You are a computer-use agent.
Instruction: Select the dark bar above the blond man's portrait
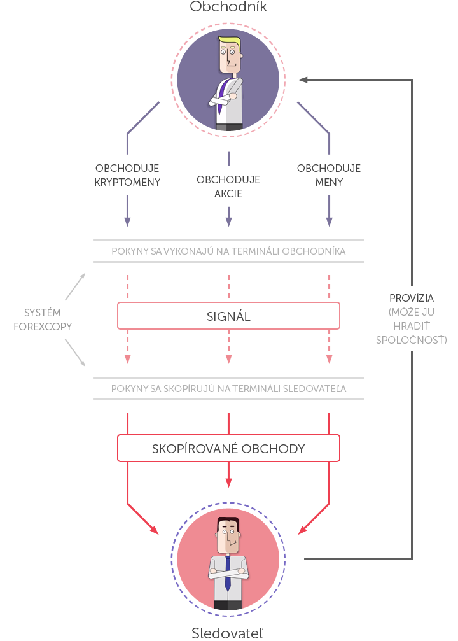tap(228, 6)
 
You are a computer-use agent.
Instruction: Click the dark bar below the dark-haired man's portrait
tap(228, 633)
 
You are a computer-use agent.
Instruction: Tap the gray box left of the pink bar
tap(43, 318)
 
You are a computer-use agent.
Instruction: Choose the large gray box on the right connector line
tap(411, 325)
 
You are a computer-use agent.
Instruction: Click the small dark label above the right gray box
tap(412, 297)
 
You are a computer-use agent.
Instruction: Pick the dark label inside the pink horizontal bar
tap(228, 315)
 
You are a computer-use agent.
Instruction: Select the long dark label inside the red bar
tap(228, 447)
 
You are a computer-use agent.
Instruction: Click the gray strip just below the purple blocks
tap(229, 250)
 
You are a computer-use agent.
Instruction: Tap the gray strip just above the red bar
tap(229, 388)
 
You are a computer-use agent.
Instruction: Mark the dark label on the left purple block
tap(127, 175)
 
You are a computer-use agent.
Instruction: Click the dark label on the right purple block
tap(329, 175)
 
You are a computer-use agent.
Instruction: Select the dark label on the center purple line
tap(228, 187)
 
